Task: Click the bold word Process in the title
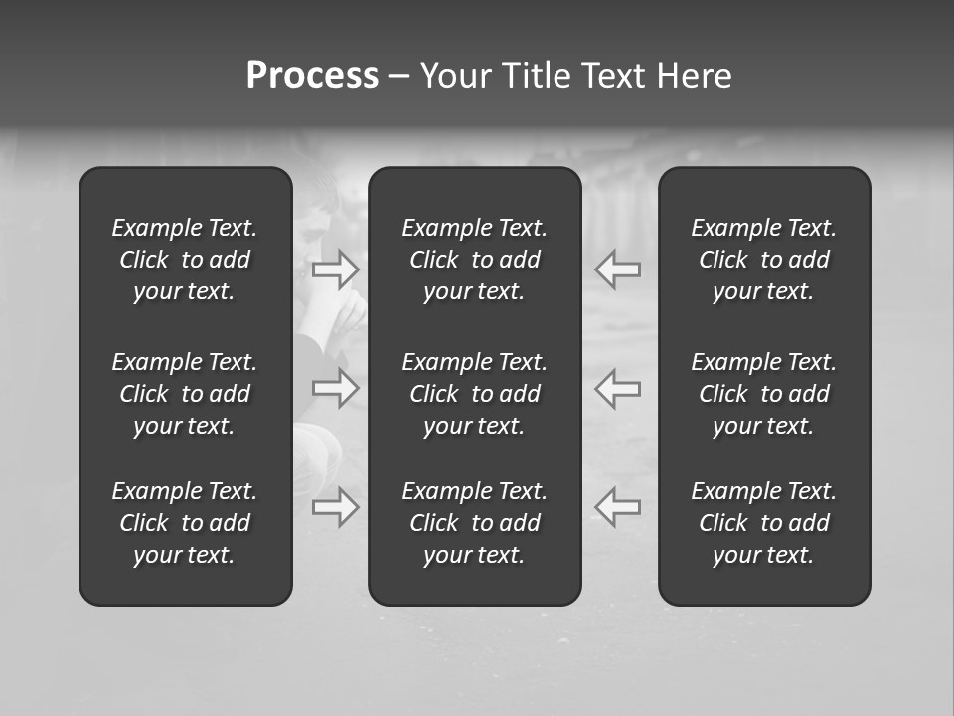coord(312,76)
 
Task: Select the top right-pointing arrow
coord(336,269)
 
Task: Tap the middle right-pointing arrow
coord(336,388)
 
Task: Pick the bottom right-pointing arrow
coord(336,507)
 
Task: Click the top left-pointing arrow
coord(618,269)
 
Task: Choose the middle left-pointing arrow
coord(618,388)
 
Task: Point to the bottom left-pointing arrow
coord(618,507)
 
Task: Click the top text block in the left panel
coord(185,260)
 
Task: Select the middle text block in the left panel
coord(185,394)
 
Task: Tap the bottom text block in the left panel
coord(185,523)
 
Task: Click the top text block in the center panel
coord(475,260)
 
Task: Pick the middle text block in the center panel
coord(475,394)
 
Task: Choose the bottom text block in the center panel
coord(475,523)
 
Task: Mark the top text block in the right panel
coord(764,260)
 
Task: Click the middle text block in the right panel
coord(764,394)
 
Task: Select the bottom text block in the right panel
coord(764,523)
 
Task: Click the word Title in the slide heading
coord(535,76)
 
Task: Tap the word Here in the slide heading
coord(695,76)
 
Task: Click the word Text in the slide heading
coord(612,76)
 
